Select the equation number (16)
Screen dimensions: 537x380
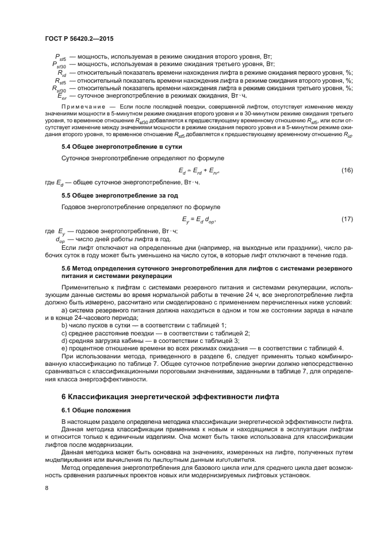tap(347, 171)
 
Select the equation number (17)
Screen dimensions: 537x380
tap(347, 219)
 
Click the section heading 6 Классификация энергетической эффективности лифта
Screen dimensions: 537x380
tap(171, 397)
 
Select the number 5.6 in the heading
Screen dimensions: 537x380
tap(66, 268)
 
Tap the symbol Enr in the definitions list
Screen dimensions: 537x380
tap(62, 96)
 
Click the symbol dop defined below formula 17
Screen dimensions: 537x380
tap(60, 239)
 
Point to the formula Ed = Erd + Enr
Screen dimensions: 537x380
tap(199, 171)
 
